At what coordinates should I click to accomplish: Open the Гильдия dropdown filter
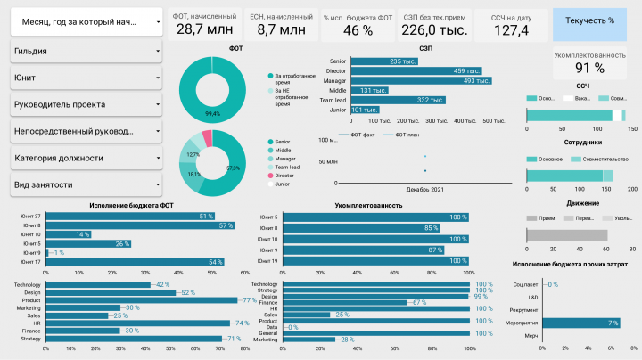(x=86, y=52)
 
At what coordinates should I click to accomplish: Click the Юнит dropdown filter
(x=86, y=78)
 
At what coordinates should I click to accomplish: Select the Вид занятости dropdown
(x=86, y=184)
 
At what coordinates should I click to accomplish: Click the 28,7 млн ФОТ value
(x=206, y=29)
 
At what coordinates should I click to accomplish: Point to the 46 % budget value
(x=358, y=30)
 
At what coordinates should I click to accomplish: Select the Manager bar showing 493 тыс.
(x=420, y=80)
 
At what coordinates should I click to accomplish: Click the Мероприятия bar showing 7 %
(x=580, y=322)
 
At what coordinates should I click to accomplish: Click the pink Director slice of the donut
(x=207, y=137)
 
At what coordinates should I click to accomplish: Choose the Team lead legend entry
(x=289, y=167)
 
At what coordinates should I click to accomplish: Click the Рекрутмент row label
(x=525, y=309)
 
